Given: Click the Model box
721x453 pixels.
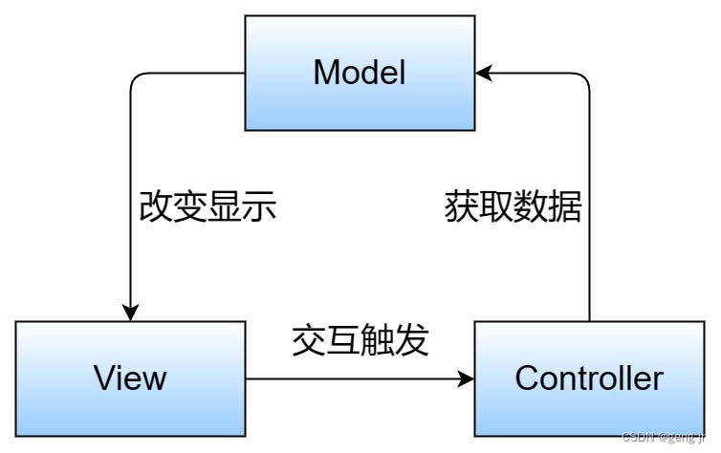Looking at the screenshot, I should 360,73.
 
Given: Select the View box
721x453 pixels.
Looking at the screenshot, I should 130,378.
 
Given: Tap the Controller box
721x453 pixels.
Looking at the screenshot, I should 589,378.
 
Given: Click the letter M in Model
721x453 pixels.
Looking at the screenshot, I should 327,73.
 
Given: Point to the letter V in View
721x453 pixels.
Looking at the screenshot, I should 103,378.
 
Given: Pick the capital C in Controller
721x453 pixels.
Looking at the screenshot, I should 527,378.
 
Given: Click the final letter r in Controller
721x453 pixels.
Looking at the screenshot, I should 658,378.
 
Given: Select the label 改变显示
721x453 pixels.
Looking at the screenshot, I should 208,206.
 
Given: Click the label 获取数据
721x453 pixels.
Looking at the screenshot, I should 513,206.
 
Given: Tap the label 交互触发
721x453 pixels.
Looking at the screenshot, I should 360,340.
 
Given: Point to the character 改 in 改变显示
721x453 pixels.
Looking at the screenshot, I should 156,206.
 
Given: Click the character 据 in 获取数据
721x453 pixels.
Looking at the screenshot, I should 564,206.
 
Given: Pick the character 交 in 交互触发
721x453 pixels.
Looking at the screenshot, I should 308,340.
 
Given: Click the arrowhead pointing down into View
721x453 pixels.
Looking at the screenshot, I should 130,313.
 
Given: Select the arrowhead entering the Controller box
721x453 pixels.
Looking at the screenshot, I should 467,378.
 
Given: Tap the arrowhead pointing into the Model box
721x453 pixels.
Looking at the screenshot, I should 484,73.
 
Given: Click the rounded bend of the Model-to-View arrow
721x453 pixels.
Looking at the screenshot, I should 135,77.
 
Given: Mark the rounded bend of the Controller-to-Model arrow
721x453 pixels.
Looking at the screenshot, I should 584,77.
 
